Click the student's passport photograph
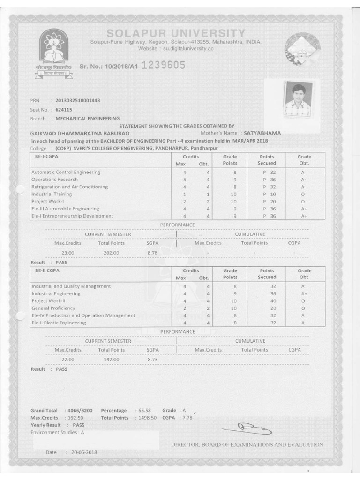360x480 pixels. pos(299,100)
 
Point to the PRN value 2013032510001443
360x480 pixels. pos(78,101)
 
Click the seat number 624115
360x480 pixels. pos(64,110)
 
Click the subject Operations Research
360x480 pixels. pos(54,180)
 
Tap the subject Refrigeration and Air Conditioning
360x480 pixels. pos(69,187)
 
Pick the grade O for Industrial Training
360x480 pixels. pos(304,194)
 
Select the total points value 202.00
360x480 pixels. pos(112,253)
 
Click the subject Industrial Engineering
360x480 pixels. pos(56,293)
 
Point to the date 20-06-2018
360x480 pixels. pos(84,452)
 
